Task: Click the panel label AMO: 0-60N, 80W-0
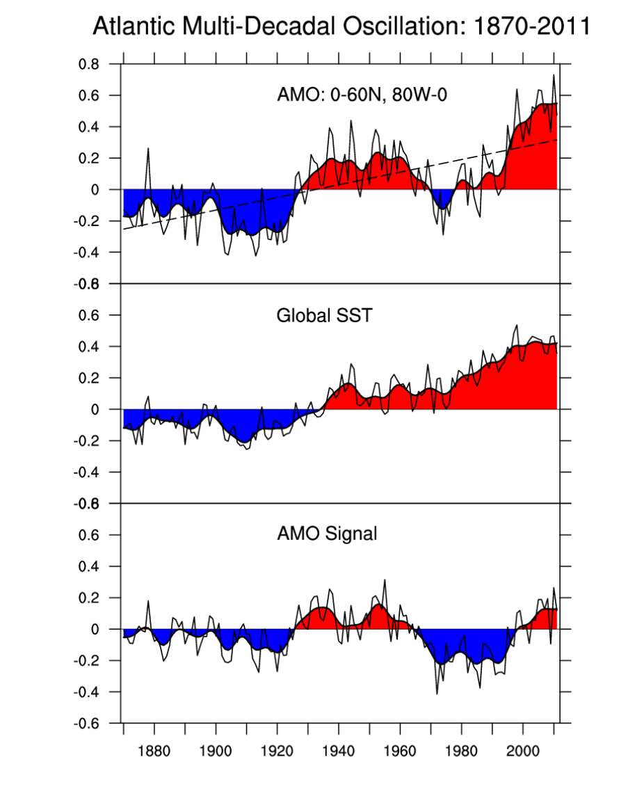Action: pyautogui.click(x=362, y=95)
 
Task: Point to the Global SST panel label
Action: pyautogui.click(x=324, y=316)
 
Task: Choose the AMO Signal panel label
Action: pyautogui.click(x=327, y=534)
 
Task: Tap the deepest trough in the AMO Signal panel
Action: pyautogui.click(x=437, y=693)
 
